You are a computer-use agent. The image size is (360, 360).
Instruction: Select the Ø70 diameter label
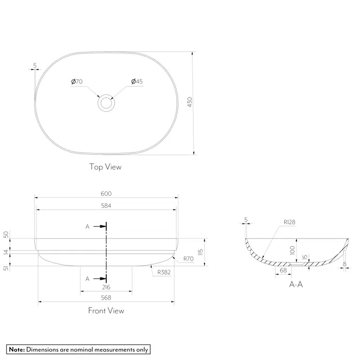click(76, 82)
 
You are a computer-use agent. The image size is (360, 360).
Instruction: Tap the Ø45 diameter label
click(137, 82)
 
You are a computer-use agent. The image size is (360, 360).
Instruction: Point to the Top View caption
click(105, 167)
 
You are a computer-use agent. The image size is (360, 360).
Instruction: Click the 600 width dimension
click(106, 194)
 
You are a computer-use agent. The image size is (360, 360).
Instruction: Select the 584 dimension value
click(106, 205)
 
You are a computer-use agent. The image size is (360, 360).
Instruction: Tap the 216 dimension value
click(106, 287)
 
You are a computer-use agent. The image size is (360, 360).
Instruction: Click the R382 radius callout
click(164, 272)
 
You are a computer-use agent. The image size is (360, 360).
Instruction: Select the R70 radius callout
click(188, 259)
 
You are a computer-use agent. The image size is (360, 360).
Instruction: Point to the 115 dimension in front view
click(201, 252)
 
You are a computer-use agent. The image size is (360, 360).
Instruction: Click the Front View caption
click(106, 310)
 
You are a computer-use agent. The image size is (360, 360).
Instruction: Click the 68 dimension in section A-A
click(283, 271)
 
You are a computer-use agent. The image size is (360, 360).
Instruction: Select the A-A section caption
click(296, 284)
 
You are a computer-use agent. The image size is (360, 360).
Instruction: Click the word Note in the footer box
click(17, 350)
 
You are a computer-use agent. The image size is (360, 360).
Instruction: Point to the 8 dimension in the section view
click(345, 263)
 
